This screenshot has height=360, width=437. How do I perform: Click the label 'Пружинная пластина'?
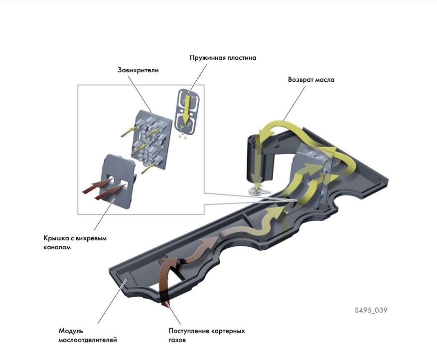click(223, 58)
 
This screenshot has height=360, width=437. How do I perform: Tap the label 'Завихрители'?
click(138, 70)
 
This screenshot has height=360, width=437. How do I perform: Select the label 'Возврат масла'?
click(311, 79)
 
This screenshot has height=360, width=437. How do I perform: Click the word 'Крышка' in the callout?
click(56, 238)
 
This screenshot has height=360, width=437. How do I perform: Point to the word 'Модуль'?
click(71, 331)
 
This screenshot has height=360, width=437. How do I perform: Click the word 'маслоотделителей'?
click(88, 340)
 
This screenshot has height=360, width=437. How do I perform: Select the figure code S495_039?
click(371, 310)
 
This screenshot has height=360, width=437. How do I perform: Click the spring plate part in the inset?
click(187, 110)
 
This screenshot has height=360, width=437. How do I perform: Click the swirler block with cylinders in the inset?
click(151, 140)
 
